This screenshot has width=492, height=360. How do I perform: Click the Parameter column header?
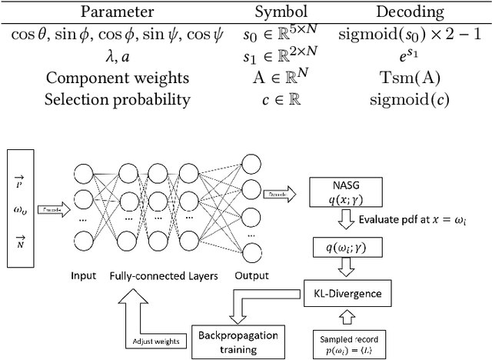[x=118, y=12]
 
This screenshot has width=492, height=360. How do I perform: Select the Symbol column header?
[x=282, y=12]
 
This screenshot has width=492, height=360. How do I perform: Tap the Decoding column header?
[x=411, y=12]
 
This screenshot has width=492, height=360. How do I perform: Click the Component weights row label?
[x=117, y=78]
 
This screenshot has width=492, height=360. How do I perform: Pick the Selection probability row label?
[x=117, y=99]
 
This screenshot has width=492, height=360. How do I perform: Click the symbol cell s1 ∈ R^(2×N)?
[x=282, y=56]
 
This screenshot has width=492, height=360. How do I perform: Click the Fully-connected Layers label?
[x=163, y=276]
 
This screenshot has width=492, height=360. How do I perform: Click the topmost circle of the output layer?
[x=252, y=164]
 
